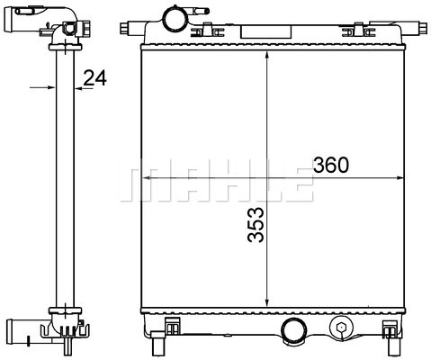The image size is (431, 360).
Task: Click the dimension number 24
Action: coord(94,78)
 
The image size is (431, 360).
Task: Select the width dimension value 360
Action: coord(331,165)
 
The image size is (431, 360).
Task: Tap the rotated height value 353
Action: coord(256,224)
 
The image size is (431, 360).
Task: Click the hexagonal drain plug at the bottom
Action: coord(341,327)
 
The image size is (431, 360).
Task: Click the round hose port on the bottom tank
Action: coord(293,330)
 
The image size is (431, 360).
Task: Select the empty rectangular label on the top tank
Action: coord(266,32)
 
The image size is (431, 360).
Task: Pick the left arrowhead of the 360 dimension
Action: coord(147,178)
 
